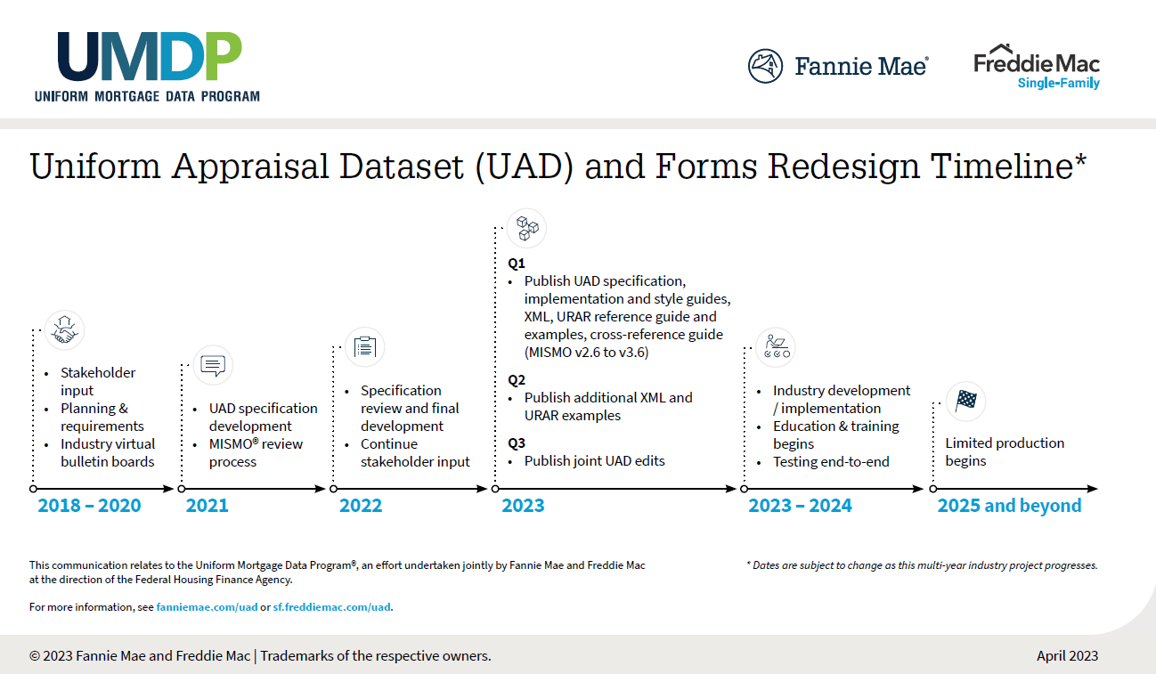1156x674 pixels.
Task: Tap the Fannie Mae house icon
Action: [765, 66]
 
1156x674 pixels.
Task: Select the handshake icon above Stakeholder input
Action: [64, 329]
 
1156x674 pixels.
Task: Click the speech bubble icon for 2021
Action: [213, 365]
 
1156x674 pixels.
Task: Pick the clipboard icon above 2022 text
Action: [364, 347]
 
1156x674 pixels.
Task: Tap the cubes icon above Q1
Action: [526, 229]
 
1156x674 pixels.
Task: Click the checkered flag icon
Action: [965, 401]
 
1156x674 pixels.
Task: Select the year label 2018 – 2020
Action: [89, 506]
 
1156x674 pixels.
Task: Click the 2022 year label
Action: [361, 506]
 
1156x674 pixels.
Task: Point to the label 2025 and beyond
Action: [1009, 506]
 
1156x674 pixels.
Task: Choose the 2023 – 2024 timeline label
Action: [800, 506]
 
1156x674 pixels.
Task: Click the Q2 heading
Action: [517, 379]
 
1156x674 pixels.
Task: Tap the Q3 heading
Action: [517, 443]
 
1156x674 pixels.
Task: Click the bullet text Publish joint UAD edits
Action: [594, 460]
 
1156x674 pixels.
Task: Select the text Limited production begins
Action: [1004, 451]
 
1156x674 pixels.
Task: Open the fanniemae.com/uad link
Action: [207, 607]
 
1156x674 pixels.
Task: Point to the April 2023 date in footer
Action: [1067, 656]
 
